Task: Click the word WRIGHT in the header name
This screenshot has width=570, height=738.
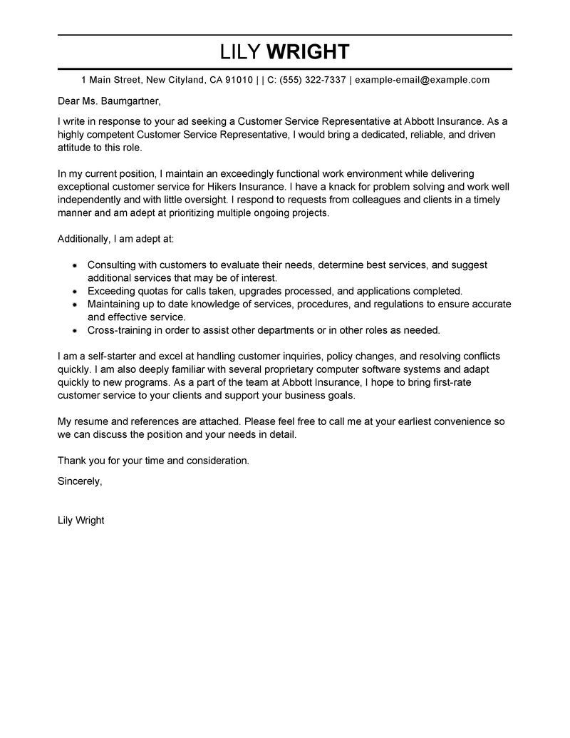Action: click(308, 52)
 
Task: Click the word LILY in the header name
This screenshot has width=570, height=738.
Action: click(242, 52)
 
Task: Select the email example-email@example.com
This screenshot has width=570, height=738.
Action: click(422, 80)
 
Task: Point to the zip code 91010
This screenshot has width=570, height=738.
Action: click(239, 80)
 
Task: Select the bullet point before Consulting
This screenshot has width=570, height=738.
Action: click(76, 265)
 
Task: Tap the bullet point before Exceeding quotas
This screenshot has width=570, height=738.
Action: click(76, 291)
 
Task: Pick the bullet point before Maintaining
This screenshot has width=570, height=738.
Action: click(76, 304)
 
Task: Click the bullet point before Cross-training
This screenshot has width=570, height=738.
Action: click(76, 330)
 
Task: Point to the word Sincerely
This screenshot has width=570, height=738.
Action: click(80, 481)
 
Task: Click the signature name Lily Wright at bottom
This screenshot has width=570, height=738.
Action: click(81, 521)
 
